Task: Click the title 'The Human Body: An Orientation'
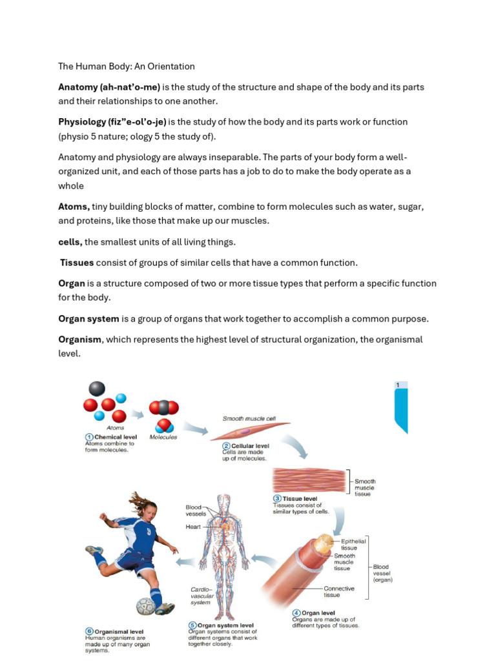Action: pos(127,66)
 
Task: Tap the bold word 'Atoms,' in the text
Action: pos(74,207)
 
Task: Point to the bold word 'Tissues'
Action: pos(77,263)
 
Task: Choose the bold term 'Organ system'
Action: pos(88,319)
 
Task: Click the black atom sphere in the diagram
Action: pos(96,389)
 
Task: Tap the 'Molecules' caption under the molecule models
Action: pos(163,437)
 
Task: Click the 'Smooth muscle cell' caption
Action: pos(249,418)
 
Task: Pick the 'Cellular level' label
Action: pos(250,445)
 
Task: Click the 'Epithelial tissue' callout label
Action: pos(353,545)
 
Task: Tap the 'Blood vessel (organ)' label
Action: pos(382,573)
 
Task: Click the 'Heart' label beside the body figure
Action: pos(193,527)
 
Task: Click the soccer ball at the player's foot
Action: pos(146,606)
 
